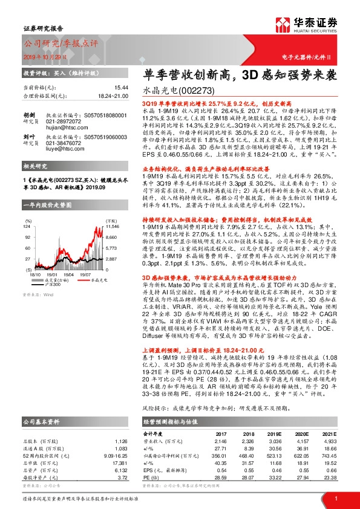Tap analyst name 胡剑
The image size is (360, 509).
click(x=28, y=115)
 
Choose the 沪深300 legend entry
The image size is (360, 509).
click(x=53, y=267)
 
